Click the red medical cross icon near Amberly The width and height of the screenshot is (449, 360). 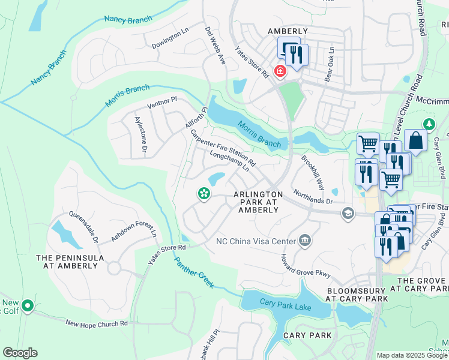coord(280,71)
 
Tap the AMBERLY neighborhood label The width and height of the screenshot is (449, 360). coord(288,31)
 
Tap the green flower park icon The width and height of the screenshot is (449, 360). coord(204,193)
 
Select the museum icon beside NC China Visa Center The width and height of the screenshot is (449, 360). coord(304,241)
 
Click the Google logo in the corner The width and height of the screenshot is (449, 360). coord(20,352)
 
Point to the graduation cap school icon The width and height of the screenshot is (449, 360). coord(348,214)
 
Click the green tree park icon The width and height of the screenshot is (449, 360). coord(429,124)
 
